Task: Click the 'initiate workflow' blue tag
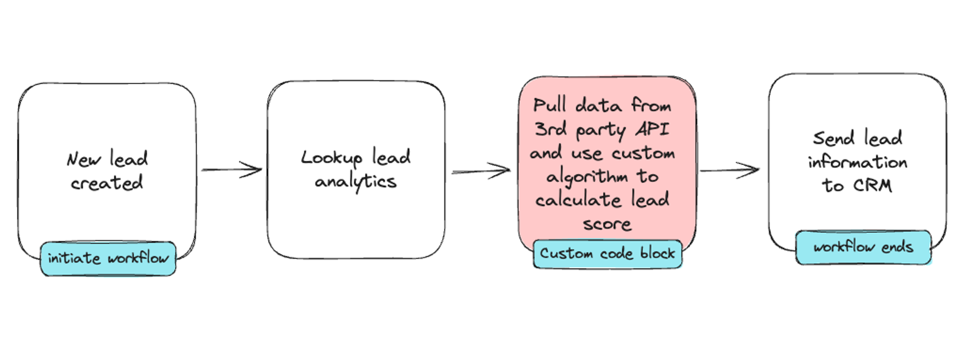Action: [108, 258]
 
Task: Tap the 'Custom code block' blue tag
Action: [607, 254]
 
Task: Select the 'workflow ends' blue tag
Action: [863, 247]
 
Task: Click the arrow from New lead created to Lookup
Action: [231, 170]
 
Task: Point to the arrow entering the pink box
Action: [481, 171]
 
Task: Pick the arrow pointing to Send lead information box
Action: [729, 170]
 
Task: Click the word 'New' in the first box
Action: [84, 159]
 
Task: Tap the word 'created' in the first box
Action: [107, 183]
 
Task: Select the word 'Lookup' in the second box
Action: [332, 158]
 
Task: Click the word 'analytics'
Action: [356, 182]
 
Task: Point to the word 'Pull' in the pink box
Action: [549, 105]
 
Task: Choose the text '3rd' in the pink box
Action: [550, 129]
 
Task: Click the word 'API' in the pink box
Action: [652, 129]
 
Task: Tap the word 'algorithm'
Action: [587, 177]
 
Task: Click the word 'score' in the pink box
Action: [607, 224]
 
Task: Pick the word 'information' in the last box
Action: [857, 162]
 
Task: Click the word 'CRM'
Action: [872, 185]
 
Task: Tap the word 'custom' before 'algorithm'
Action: [643, 153]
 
